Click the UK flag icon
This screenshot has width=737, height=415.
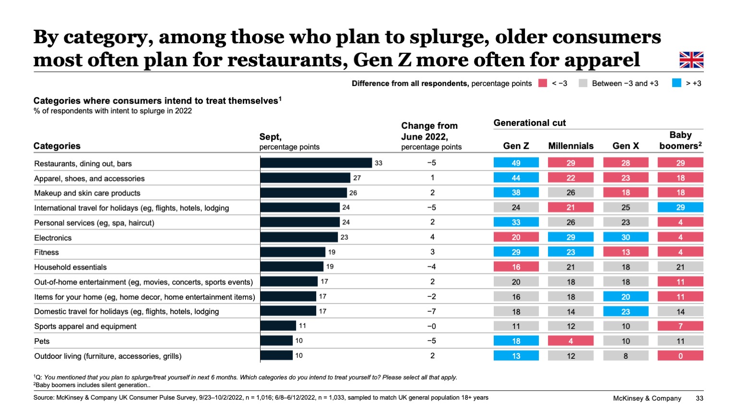(x=691, y=60)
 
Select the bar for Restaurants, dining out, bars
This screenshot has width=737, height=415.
(x=316, y=163)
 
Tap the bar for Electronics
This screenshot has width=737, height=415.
(x=299, y=237)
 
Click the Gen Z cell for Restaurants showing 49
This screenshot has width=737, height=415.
(x=516, y=163)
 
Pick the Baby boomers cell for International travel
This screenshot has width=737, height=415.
(x=680, y=207)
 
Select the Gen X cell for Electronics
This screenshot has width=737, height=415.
(x=625, y=237)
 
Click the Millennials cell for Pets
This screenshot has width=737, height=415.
(x=571, y=341)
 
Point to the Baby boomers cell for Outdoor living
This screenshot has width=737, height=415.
(x=680, y=356)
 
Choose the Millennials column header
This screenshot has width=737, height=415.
(x=571, y=146)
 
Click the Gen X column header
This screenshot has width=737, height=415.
(x=625, y=146)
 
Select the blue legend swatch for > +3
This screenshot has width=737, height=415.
(x=677, y=83)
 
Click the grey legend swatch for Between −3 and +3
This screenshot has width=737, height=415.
(x=583, y=83)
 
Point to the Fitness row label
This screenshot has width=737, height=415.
(x=47, y=252)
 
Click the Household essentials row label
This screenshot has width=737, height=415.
(x=70, y=267)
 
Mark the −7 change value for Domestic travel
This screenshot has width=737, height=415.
(x=431, y=311)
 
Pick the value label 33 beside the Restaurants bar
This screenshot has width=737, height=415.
(x=379, y=163)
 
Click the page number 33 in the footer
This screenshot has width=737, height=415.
(x=699, y=398)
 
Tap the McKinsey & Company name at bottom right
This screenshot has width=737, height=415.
(x=647, y=398)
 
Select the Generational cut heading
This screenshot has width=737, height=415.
(x=529, y=123)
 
